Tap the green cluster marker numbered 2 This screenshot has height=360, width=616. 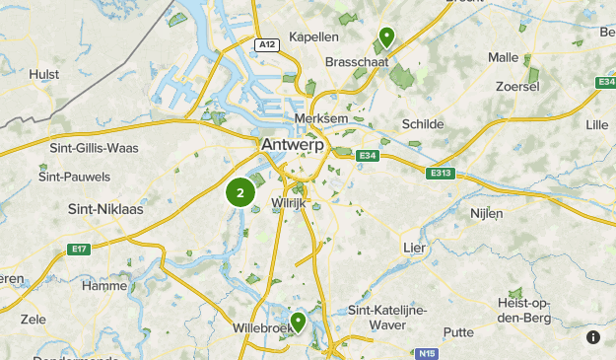click(x=240, y=192)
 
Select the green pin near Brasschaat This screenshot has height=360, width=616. click(x=386, y=37)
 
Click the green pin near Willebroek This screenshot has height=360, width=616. click(x=296, y=323)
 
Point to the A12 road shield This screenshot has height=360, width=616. click(x=265, y=44)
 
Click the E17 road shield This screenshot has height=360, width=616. click(x=80, y=250)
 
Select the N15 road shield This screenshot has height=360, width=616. click(x=426, y=352)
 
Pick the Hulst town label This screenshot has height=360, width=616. click(x=44, y=73)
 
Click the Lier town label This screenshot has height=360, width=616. click(x=415, y=247)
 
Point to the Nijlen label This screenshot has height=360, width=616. click(x=487, y=212)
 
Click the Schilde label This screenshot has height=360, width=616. click(x=424, y=124)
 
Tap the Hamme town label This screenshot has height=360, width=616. click(x=105, y=285)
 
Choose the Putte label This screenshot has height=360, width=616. click(x=458, y=332)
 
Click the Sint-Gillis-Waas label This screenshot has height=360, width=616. click(x=94, y=148)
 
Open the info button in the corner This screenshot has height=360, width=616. click(x=593, y=337)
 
